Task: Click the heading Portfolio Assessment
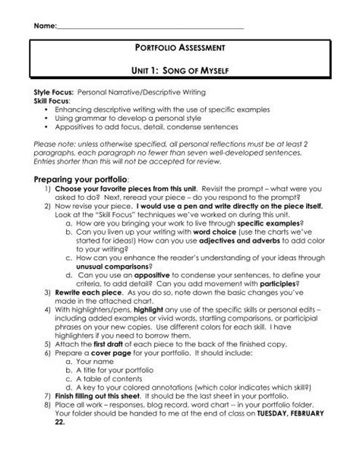(x=180, y=48)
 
